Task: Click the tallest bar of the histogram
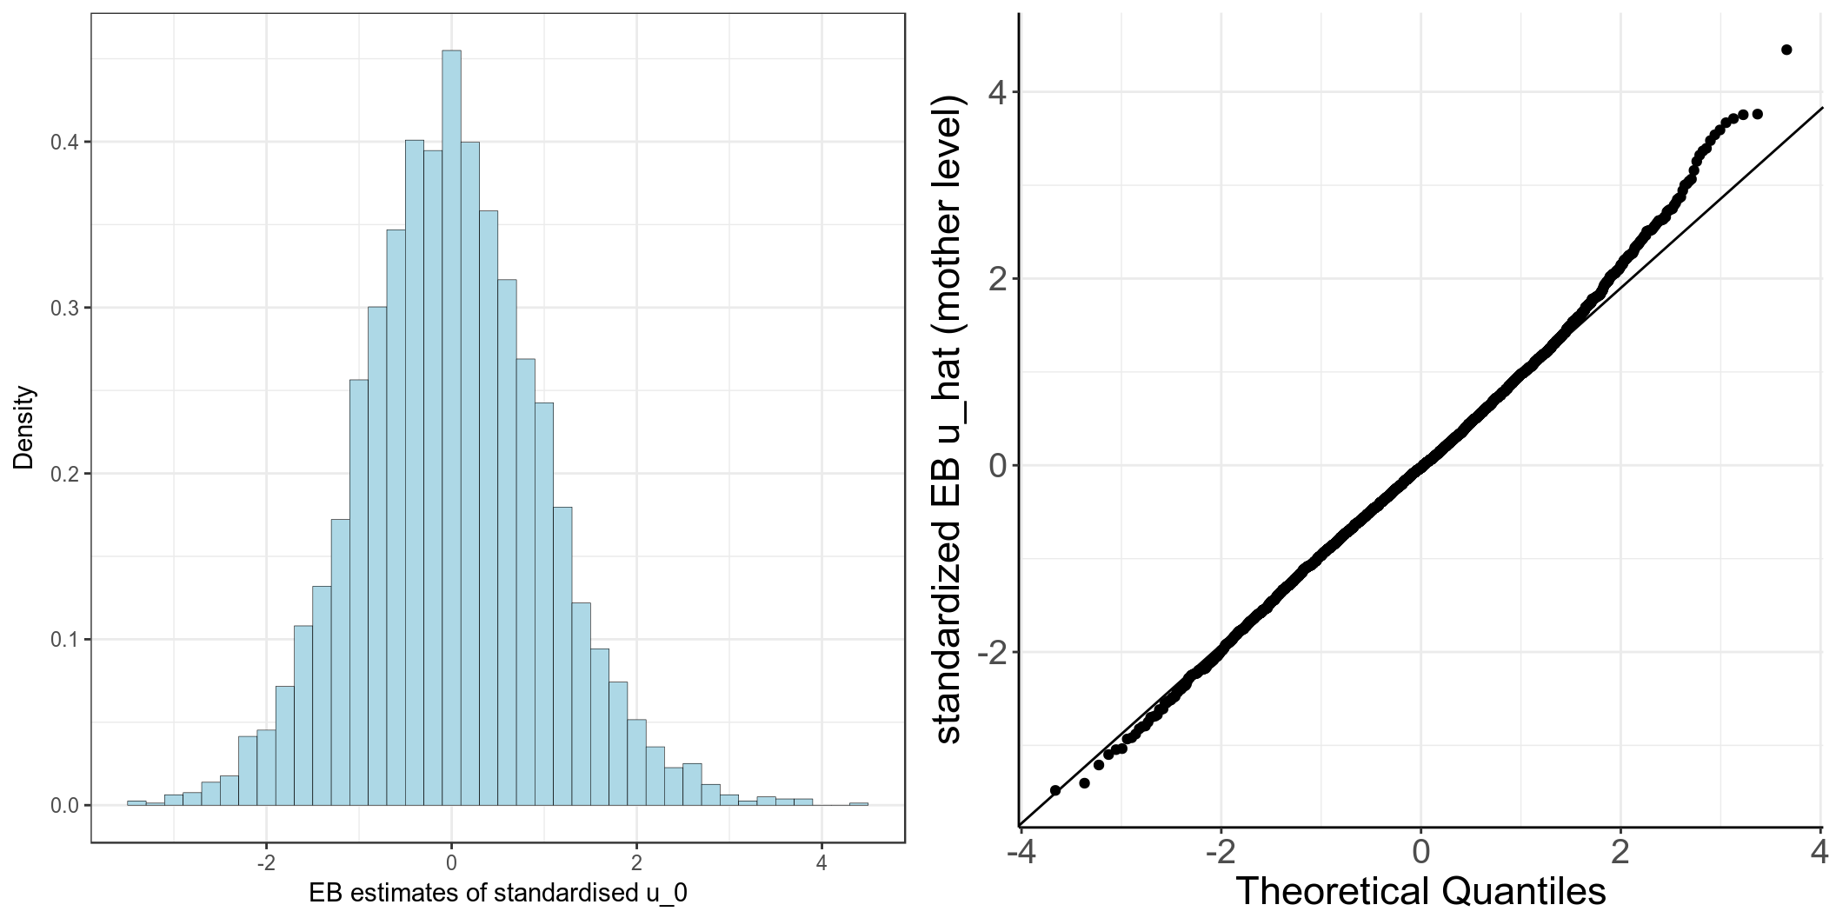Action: tap(451, 426)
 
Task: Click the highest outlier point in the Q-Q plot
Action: tap(1786, 50)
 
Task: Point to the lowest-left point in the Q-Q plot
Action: tap(1055, 790)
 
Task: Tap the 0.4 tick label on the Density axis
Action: tap(63, 143)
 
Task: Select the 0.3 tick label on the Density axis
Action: tap(63, 309)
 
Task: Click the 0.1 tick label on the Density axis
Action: tap(63, 640)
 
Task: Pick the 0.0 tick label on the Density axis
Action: tap(63, 806)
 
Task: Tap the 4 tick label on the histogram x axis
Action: tap(822, 863)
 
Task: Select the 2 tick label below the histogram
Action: tap(636, 863)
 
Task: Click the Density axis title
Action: tap(23, 427)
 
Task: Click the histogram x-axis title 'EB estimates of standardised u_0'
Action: tap(497, 893)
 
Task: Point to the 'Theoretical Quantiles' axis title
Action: tap(1420, 891)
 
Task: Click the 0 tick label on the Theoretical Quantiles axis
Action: tap(1420, 852)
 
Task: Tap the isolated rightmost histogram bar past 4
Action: tap(859, 803)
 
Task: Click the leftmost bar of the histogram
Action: tap(136, 802)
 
